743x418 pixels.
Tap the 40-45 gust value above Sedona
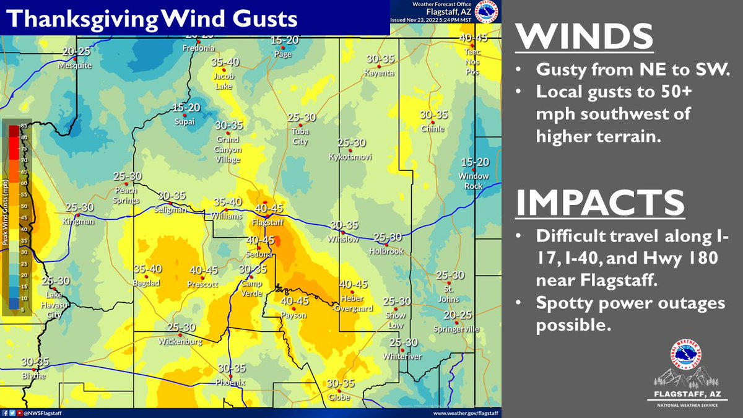pyautogui.click(x=260, y=240)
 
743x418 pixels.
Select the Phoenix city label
pyautogui.click(x=231, y=383)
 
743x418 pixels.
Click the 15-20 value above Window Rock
pyautogui.click(x=474, y=162)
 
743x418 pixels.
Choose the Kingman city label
pyautogui.click(x=79, y=221)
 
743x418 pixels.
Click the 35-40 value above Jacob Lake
pyautogui.click(x=225, y=63)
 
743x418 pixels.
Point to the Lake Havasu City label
pyautogui.click(x=56, y=305)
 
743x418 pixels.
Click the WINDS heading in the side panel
pyautogui.click(x=585, y=37)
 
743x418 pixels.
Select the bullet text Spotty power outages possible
pyautogui.click(x=630, y=315)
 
